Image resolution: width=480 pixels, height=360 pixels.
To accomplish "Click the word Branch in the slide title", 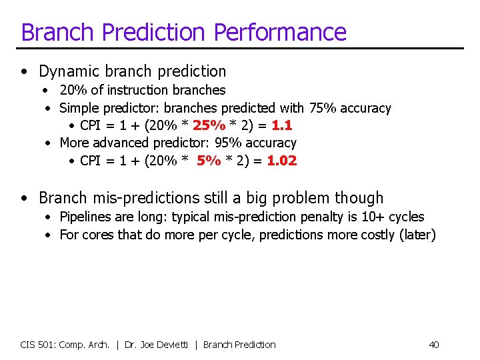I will [57, 32].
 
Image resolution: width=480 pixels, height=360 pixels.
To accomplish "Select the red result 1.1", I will [282, 125].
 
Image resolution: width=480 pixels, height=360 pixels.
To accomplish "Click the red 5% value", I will [209, 160].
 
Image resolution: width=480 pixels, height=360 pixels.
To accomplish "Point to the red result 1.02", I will [282, 160].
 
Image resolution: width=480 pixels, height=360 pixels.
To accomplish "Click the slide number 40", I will [433, 345].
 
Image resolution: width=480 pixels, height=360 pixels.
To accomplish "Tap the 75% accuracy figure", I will [323, 108].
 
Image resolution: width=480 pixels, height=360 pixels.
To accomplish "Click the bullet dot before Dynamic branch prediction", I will [25, 72].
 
